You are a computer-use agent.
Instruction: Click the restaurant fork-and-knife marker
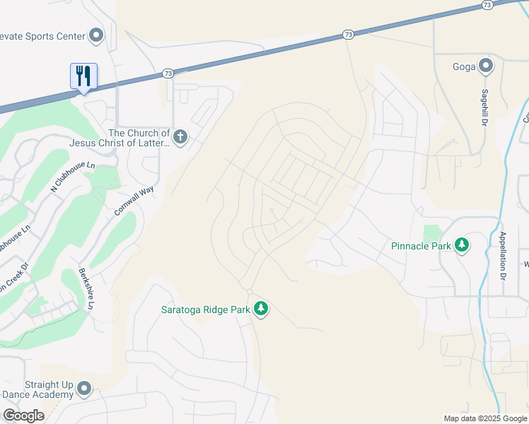(x=83, y=76)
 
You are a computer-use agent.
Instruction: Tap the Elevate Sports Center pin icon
(x=96, y=35)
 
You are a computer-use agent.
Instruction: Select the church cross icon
(x=180, y=137)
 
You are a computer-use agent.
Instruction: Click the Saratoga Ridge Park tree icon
(x=261, y=309)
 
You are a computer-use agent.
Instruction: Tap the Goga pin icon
(x=485, y=67)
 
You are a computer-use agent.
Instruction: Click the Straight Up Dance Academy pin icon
(x=84, y=389)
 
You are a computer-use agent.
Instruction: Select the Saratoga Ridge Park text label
(x=206, y=309)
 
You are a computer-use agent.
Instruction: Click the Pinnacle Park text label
(x=421, y=246)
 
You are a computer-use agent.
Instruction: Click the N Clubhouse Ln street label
(x=73, y=176)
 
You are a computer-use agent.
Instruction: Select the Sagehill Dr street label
(x=485, y=107)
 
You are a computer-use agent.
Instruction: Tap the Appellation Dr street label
(x=504, y=253)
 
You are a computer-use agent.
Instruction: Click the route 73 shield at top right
(x=487, y=5)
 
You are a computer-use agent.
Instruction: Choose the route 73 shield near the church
(x=168, y=73)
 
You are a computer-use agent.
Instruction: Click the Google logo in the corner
(x=23, y=416)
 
